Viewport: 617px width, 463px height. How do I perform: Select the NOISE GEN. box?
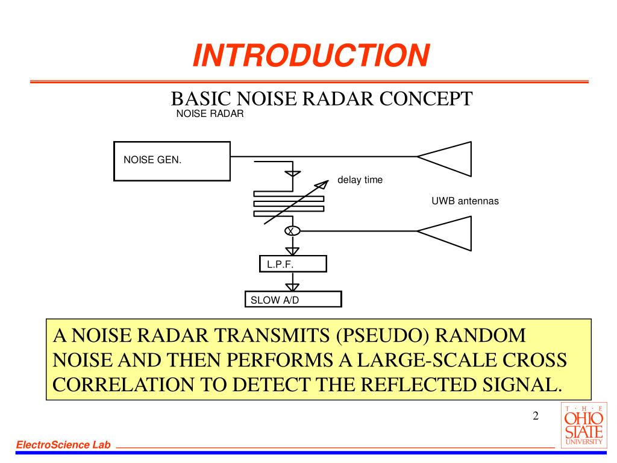(x=172, y=161)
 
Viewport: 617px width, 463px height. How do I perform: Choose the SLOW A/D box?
(x=293, y=300)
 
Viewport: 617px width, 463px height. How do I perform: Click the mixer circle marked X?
(x=292, y=231)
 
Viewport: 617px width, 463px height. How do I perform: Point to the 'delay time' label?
(x=360, y=180)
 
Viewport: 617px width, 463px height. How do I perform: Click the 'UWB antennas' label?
(x=465, y=201)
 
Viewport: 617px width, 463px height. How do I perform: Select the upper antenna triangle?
(x=449, y=157)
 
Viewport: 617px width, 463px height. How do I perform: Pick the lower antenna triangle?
(x=449, y=231)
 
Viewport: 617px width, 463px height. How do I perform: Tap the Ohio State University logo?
(x=582, y=426)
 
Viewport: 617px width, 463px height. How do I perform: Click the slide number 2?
(x=535, y=417)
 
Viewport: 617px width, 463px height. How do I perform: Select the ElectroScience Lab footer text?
(x=64, y=445)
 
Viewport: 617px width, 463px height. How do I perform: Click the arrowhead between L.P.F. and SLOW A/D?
(x=292, y=286)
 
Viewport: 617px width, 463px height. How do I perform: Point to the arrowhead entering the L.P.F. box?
(x=292, y=250)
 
